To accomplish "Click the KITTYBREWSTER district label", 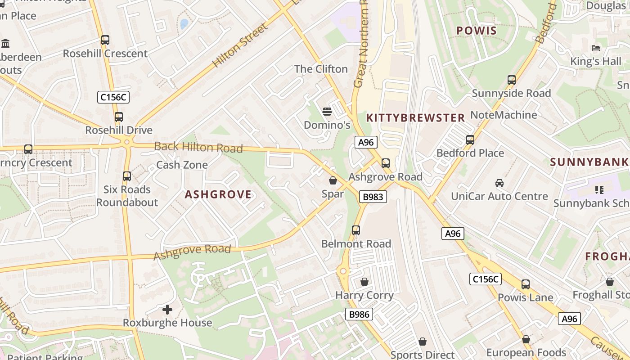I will [415, 118].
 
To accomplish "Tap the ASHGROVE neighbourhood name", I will [218, 194].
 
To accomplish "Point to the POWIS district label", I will [477, 31].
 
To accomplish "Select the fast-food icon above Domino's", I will [327, 111].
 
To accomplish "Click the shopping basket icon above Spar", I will [333, 181].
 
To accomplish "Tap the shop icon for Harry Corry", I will [364, 282].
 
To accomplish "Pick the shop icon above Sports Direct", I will [422, 342].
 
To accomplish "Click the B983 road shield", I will [373, 197].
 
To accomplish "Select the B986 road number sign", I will [360, 314].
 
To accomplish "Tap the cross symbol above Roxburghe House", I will [167, 310].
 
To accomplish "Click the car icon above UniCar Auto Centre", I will [499, 183].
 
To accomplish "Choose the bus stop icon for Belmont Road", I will [356, 230].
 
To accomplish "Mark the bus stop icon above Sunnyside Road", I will [512, 80].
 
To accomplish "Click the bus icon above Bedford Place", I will [470, 140].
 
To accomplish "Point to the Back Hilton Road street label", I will [198, 147].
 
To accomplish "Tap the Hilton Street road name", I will [240, 45].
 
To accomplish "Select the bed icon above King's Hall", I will [596, 48].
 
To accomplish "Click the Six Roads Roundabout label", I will [127, 196].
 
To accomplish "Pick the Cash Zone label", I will [182, 165].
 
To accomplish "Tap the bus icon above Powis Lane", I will [526, 284].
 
